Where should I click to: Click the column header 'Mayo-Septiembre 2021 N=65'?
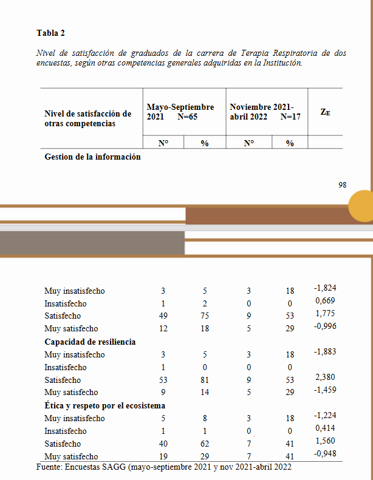click(x=180, y=112)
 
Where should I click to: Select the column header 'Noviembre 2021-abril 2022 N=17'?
click(x=265, y=112)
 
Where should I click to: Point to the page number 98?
click(x=343, y=184)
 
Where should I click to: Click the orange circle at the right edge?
click(x=362, y=206)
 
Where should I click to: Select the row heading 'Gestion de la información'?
click(x=92, y=157)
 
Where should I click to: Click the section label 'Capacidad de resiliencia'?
click(x=90, y=342)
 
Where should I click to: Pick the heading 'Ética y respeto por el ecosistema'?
click(x=104, y=405)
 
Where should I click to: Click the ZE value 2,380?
click(x=325, y=377)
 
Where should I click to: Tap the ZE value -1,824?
click(x=325, y=288)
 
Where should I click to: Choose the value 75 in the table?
click(x=205, y=316)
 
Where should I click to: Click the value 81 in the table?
click(x=205, y=380)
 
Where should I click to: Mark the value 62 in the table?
click(x=205, y=444)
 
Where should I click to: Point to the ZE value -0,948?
click(x=325, y=454)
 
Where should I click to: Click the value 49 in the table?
click(x=163, y=316)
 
